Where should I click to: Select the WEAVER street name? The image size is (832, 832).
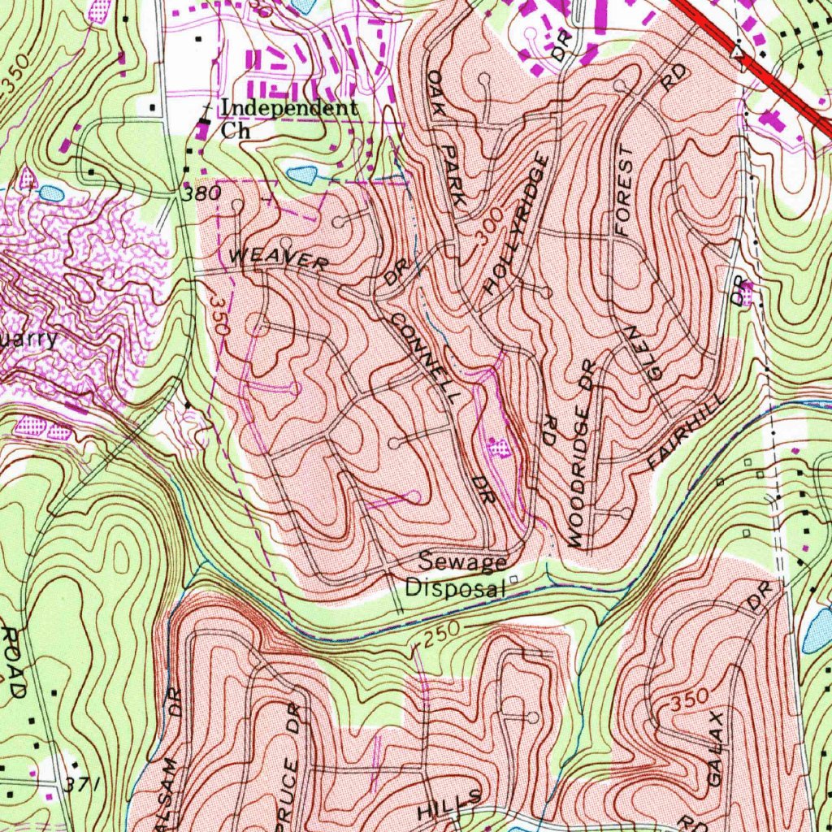pos(279,260)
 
